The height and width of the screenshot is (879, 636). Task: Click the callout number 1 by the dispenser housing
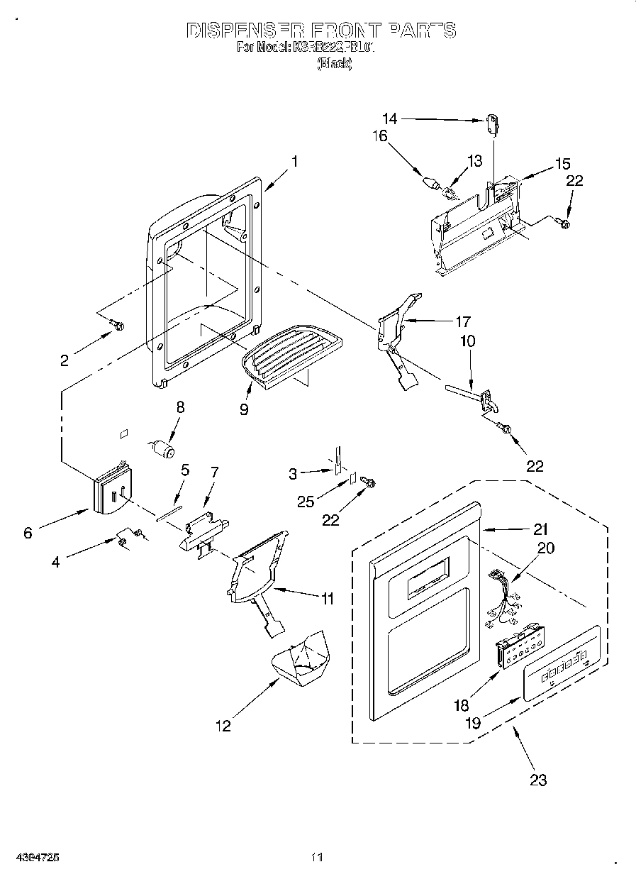coord(294,162)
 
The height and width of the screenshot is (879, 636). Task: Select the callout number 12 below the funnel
coord(223,726)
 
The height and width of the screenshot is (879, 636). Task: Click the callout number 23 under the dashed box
coord(538,780)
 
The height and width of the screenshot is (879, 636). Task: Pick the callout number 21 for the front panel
coord(541,529)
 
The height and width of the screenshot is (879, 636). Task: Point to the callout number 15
coord(562,165)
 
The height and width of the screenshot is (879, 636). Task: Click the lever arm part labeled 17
coord(397,333)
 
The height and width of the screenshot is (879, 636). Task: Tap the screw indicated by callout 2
coord(118,326)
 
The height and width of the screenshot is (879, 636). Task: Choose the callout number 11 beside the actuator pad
coord(326,599)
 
